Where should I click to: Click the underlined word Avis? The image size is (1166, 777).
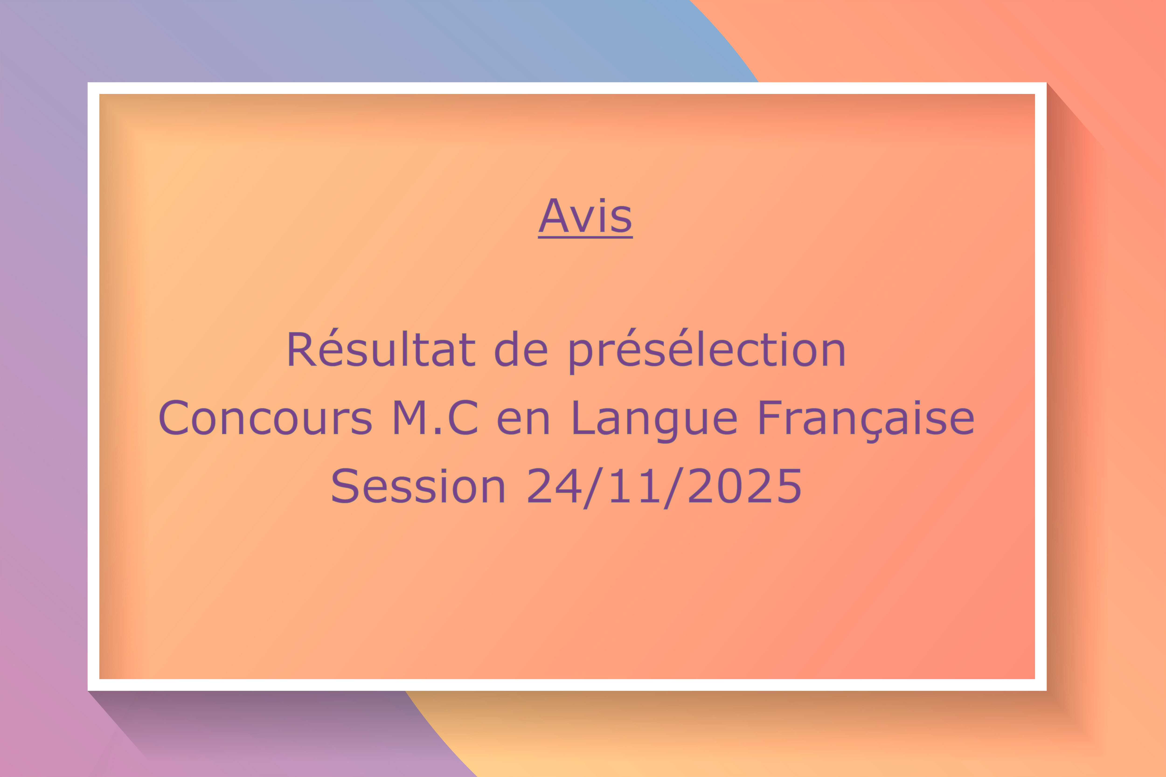click(x=585, y=216)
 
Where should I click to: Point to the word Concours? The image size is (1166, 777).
click(x=265, y=418)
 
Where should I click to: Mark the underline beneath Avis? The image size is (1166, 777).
click(x=585, y=237)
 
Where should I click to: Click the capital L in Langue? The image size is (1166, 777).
click(x=583, y=418)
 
